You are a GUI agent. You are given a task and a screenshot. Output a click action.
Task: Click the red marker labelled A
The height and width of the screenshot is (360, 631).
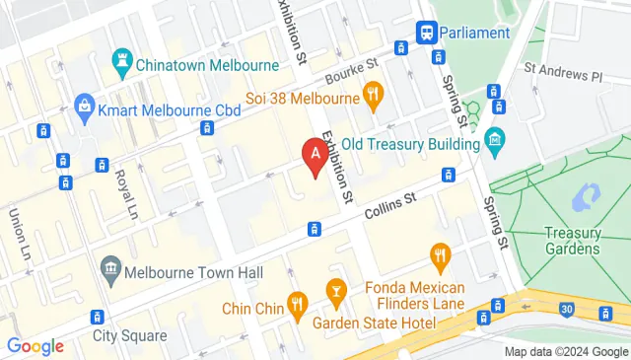(x=315, y=156)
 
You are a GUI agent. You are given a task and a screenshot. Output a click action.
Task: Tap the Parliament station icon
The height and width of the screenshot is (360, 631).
(x=428, y=33)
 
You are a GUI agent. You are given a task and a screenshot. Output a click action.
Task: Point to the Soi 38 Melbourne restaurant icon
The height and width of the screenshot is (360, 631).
(x=373, y=97)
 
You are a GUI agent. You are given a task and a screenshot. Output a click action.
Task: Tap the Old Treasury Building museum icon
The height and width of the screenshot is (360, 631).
(x=495, y=144)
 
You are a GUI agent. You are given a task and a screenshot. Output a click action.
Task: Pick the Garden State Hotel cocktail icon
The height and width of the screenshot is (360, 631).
(x=336, y=291)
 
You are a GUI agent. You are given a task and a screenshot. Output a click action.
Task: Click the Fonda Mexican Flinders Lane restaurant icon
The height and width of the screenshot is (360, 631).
(x=441, y=257)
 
